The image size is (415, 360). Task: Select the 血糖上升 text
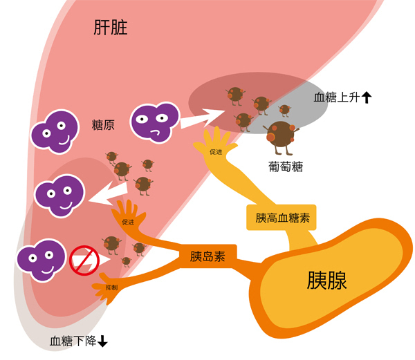click(x=336, y=98)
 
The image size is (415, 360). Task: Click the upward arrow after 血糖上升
click(x=367, y=98)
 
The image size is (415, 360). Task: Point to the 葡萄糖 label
click(x=286, y=167)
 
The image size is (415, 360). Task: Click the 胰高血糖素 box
click(x=282, y=218)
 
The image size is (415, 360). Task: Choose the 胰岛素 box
click(x=207, y=256)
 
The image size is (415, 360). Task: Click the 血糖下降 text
click(x=73, y=341)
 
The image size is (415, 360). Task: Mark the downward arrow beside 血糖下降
click(x=103, y=341)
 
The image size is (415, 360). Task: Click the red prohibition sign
click(x=83, y=260)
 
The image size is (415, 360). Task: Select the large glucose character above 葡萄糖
click(x=281, y=135)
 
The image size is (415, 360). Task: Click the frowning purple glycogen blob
click(x=152, y=122)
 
